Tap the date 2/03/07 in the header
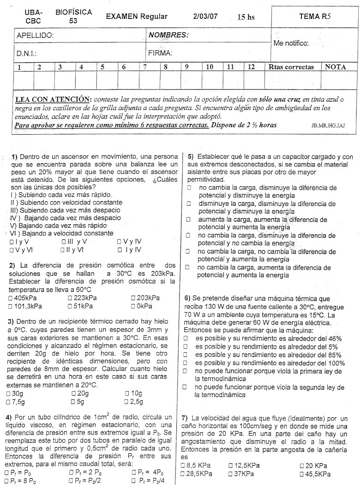coord(205,17)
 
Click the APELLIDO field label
coord(35,36)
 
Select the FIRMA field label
coord(160,53)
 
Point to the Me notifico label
coord(291,43)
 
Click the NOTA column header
coord(336,67)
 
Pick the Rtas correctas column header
coord(291,67)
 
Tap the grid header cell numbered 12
coord(252,67)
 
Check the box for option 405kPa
coord(11,298)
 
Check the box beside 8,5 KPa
coord(184,466)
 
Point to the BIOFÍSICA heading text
coord(73,13)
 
